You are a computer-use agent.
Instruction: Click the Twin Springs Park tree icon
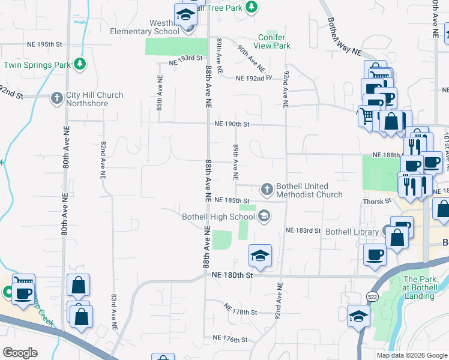click(79, 64)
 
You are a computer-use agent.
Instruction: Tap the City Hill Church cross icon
click(56, 98)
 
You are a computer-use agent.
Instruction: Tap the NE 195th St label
click(45, 45)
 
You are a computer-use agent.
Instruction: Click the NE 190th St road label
click(232, 124)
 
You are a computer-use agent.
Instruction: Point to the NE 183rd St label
click(304, 230)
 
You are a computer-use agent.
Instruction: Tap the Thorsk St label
click(376, 202)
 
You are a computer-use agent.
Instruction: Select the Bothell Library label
click(351, 232)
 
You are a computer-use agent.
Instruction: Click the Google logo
click(20, 353)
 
